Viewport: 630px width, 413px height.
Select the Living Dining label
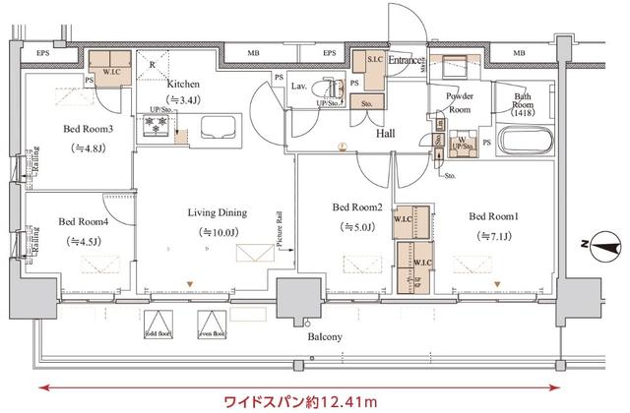click(218, 212)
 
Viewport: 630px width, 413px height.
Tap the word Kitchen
click(184, 84)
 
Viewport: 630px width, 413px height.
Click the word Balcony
click(323, 337)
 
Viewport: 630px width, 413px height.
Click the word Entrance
click(405, 61)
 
